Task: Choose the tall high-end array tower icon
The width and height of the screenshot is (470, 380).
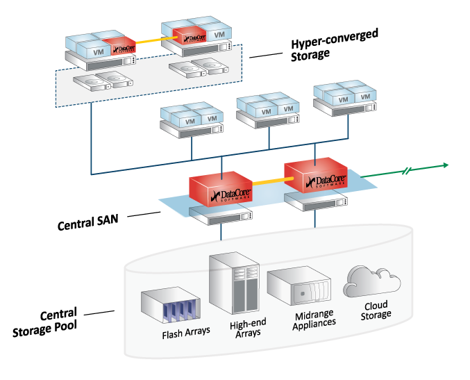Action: click(x=234, y=283)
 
